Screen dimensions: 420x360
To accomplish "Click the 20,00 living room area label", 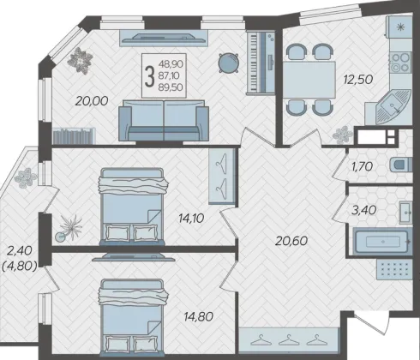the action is pos(92,101).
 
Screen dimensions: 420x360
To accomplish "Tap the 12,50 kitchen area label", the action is pos(358,79).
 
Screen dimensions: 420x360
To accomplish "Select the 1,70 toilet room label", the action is pos(363,166).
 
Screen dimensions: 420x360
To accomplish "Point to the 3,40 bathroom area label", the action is pos(363,210).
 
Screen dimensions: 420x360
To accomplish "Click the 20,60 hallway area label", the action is pos(291,241).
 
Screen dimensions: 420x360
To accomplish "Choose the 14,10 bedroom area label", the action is pos(191,219).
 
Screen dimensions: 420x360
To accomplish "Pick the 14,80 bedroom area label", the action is pos(199,316).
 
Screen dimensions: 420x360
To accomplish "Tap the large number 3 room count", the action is pos(149,75).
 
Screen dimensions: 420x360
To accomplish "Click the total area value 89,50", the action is pos(171,87).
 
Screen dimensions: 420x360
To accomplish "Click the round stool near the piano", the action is pos(229,63).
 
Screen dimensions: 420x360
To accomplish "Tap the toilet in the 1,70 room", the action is pos(401,165).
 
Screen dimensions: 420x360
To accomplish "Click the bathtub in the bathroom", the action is pos(382,242).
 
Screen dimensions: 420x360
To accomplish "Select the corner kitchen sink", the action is pos(393,106).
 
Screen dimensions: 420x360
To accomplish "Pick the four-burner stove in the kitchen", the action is pos(400,63).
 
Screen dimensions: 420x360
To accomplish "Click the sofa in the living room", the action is pos(164,120).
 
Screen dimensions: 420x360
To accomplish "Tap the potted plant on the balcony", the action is pos(26,177).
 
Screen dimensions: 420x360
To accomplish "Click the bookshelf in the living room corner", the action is pos(74,136).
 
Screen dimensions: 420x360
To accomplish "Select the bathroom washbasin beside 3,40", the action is pos(405,213).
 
